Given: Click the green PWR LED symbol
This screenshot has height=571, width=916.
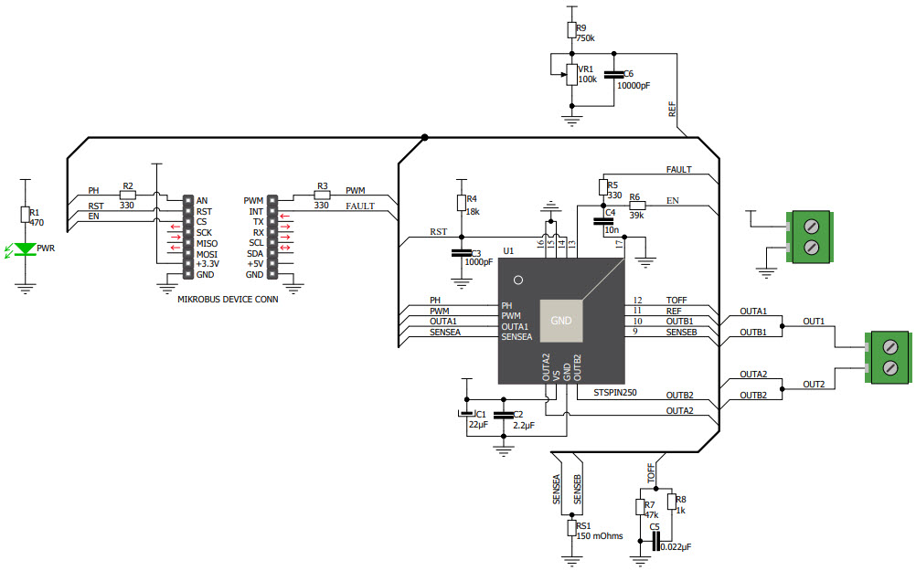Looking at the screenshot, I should click(27, 248).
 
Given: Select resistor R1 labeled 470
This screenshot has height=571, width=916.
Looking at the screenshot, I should click(27, 214).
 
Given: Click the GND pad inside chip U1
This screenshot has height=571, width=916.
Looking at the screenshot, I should click(560, 320).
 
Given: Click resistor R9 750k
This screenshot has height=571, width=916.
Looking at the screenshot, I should click(572, 30).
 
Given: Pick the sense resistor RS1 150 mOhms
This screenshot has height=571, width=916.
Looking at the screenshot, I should click(572, 527).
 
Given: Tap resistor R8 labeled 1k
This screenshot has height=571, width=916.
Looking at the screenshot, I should click(672, 501).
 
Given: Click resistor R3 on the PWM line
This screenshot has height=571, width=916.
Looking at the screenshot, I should click(322, 195).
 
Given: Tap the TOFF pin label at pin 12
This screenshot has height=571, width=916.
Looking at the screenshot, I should click(676, 300).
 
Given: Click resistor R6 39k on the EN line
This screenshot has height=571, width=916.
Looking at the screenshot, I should click(637, 205).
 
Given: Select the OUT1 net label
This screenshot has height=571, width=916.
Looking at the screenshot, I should click(814, 322).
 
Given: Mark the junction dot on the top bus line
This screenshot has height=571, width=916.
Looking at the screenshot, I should click(425, 137).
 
